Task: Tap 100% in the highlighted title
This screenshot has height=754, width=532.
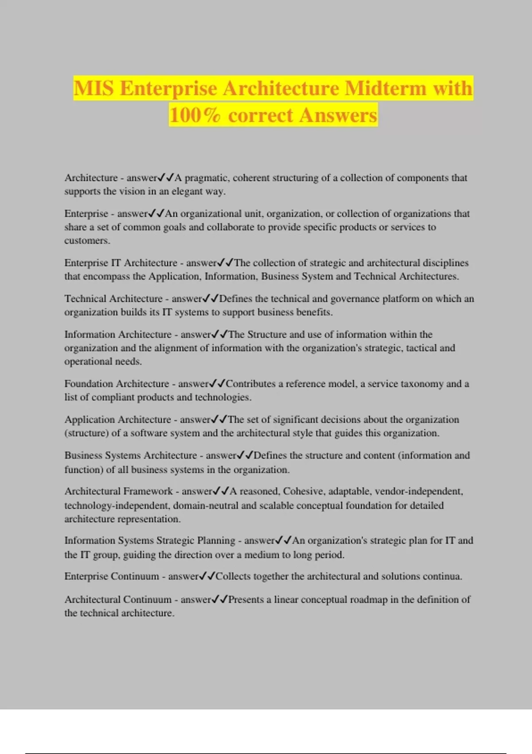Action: pyautogui.click(x=195, y=115)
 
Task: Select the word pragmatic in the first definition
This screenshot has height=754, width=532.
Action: pyautogui.click(x=207, y=178)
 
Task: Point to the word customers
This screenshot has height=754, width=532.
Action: pyautogui.click(x=86, y=240)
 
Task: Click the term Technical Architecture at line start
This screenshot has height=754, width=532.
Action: pyautogui.click(x=113, y=298)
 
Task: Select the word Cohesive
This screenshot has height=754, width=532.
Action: pyautogui.click(x=304, y=491)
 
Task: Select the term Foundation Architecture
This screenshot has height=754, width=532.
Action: pyautogui.click(x=117, y=384)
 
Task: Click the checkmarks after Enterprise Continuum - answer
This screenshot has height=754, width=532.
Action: pyautogui.click(x=207, y=576)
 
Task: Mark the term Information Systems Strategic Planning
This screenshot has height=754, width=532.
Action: pyautogui.click(x=150, y=540)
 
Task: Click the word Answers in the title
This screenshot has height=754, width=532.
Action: pyautogui.click(x=338, y=115)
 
